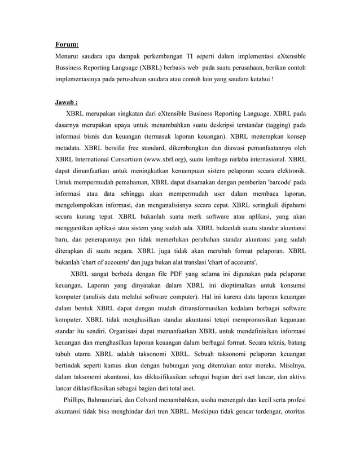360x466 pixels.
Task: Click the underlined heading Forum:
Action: point(67,45)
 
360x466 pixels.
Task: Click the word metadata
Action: point(69,147)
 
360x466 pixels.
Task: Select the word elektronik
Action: point(291,170)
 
